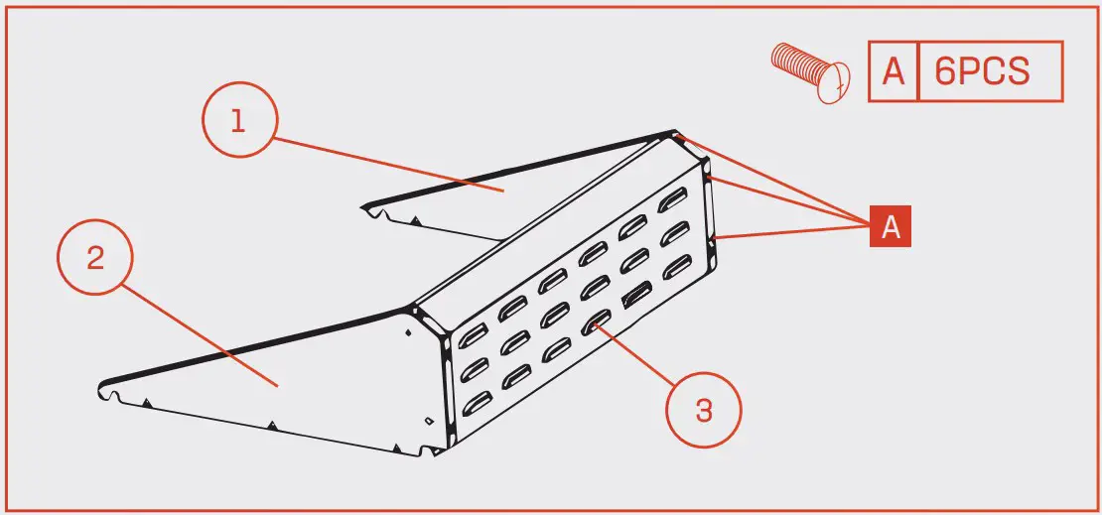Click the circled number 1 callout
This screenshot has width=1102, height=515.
[x=237, y=123]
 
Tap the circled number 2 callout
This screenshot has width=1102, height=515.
[x=94, y=258]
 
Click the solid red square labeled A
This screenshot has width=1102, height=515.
[x=891, y=226]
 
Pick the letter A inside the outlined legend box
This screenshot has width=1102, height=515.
[x=894, y=71]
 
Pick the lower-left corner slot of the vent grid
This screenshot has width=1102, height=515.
[x=476, y=402]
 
